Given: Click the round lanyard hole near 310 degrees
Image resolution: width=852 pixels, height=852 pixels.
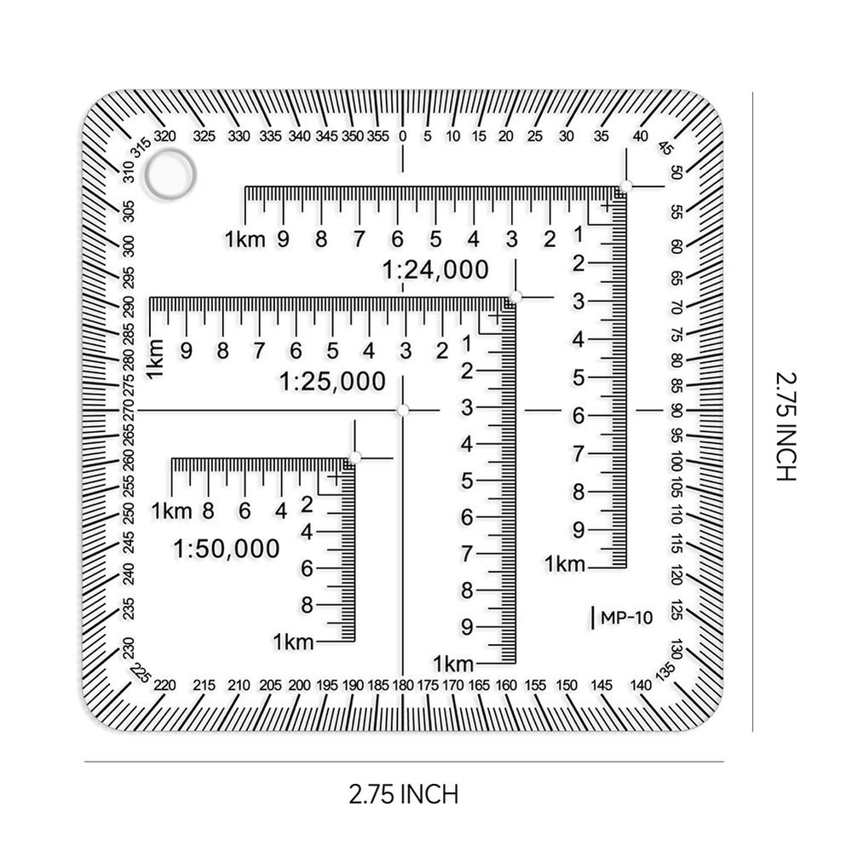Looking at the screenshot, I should [170, 175].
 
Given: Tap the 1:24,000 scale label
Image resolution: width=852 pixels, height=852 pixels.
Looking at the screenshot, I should [435, 270].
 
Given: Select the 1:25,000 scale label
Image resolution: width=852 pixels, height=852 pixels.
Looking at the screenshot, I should [332, 382].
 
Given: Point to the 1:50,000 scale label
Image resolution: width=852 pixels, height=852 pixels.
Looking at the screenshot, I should [226, 549].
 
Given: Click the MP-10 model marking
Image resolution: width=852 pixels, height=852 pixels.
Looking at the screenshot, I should [626, 618].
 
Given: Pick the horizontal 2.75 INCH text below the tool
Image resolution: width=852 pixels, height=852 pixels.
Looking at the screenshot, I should [404, 794].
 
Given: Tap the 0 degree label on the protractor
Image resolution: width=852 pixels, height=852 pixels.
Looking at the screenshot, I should [403, 136].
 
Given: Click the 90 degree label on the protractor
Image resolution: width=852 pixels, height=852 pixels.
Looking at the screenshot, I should [676, 411].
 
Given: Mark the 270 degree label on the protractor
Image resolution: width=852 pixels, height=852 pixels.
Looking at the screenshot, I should [128, 411].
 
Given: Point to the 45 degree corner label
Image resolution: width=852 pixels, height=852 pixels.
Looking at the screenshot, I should [666, 147].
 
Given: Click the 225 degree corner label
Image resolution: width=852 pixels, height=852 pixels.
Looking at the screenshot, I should [140, 674].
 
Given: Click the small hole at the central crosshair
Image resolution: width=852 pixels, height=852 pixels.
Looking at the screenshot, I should [403, 411].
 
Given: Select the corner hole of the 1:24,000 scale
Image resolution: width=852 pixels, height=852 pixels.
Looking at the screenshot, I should [625, 187].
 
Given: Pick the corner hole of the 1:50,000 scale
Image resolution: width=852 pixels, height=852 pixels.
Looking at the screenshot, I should [354, 458].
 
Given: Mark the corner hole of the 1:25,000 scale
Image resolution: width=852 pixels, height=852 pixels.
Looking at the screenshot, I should [515, 297].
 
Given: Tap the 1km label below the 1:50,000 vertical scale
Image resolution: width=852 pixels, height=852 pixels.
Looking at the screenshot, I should [294, 642].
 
